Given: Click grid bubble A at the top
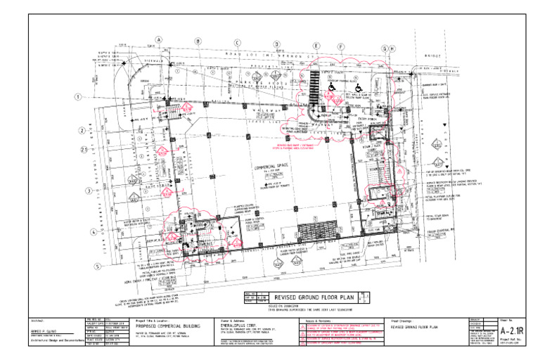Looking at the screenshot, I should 159,40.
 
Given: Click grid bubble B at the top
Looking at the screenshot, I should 198,41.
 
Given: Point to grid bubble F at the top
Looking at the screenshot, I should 340,47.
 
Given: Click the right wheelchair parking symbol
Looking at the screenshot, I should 359,88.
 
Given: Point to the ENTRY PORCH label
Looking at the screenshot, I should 368,120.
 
